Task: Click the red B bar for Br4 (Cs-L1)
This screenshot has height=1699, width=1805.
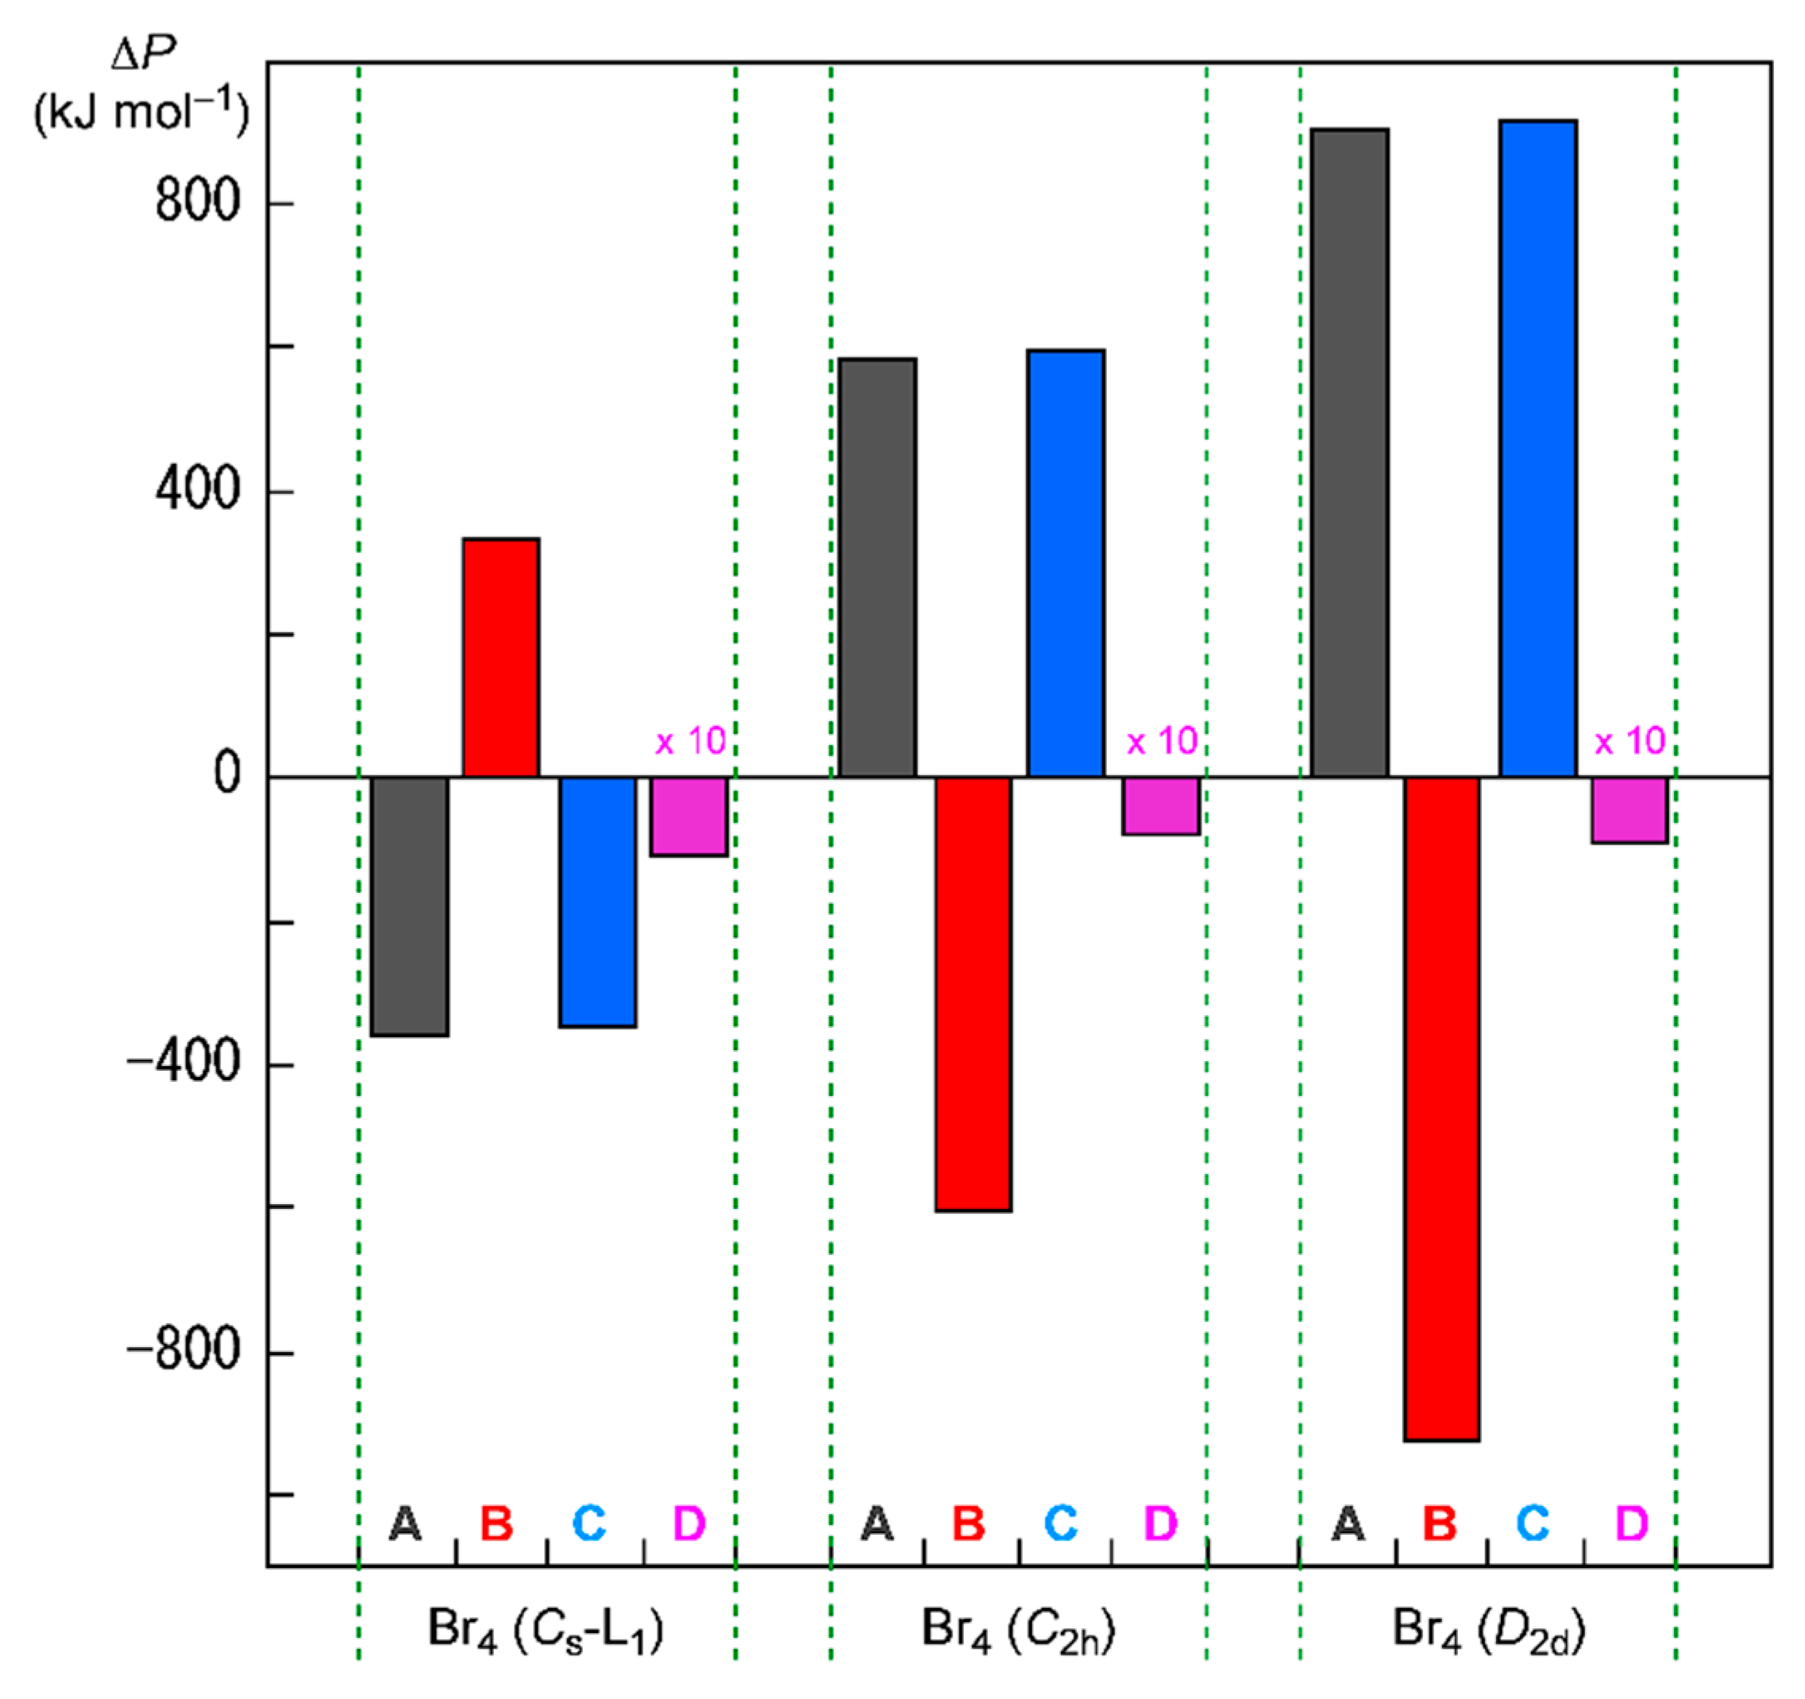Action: coord(500,658)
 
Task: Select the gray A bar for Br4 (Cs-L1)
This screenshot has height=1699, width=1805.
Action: coord(409,905)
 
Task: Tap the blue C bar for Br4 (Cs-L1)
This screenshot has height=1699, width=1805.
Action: coord(597,901)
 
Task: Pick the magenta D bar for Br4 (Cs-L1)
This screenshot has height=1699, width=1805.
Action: coord(688,816)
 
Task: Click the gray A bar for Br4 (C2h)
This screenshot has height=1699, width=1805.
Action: coord(877,568)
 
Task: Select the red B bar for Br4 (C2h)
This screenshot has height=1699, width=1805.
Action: coord(974,994)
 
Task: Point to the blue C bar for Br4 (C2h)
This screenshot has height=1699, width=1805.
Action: coord(1066,563)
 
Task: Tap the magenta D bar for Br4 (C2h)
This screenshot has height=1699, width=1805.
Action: coord(1160,805)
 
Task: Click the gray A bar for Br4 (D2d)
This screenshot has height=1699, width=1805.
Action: coord(1349,452)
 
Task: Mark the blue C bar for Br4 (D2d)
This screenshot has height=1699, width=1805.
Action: coord(1538,448)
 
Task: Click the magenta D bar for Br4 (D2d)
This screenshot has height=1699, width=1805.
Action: coord(1629,809)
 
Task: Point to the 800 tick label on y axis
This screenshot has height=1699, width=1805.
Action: coord(197,200)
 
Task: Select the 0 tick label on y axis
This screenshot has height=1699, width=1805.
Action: coord(227,774)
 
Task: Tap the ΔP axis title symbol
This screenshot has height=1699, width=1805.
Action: coord(143,56)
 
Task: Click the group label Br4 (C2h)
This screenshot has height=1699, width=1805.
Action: coord(1018,1628)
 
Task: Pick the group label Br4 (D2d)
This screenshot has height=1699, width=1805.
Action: coord(1489,1628)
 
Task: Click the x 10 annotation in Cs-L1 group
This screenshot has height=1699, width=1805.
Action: coord(691,741)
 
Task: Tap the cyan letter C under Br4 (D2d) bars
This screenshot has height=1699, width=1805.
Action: coord(1533,1523)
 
